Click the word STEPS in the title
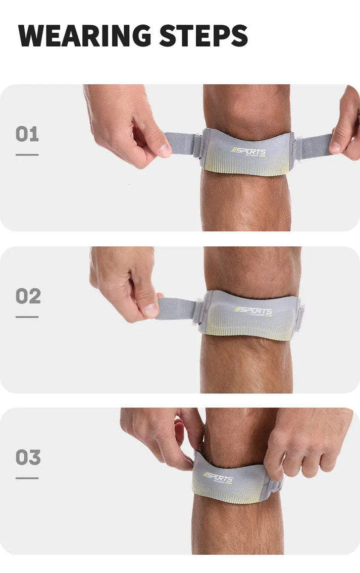(x=203, y=35)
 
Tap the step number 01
(x=27, y=134)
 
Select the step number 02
(x=28, y=296)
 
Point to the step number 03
(x=28, y=457)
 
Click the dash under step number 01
(x=27, y=154)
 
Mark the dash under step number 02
(x=27, y=317)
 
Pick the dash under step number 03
(x=27, y=478)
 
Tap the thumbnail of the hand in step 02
(x=151, y=311)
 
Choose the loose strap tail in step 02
(x=177, y=308)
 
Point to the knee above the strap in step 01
(x=246, y=109)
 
